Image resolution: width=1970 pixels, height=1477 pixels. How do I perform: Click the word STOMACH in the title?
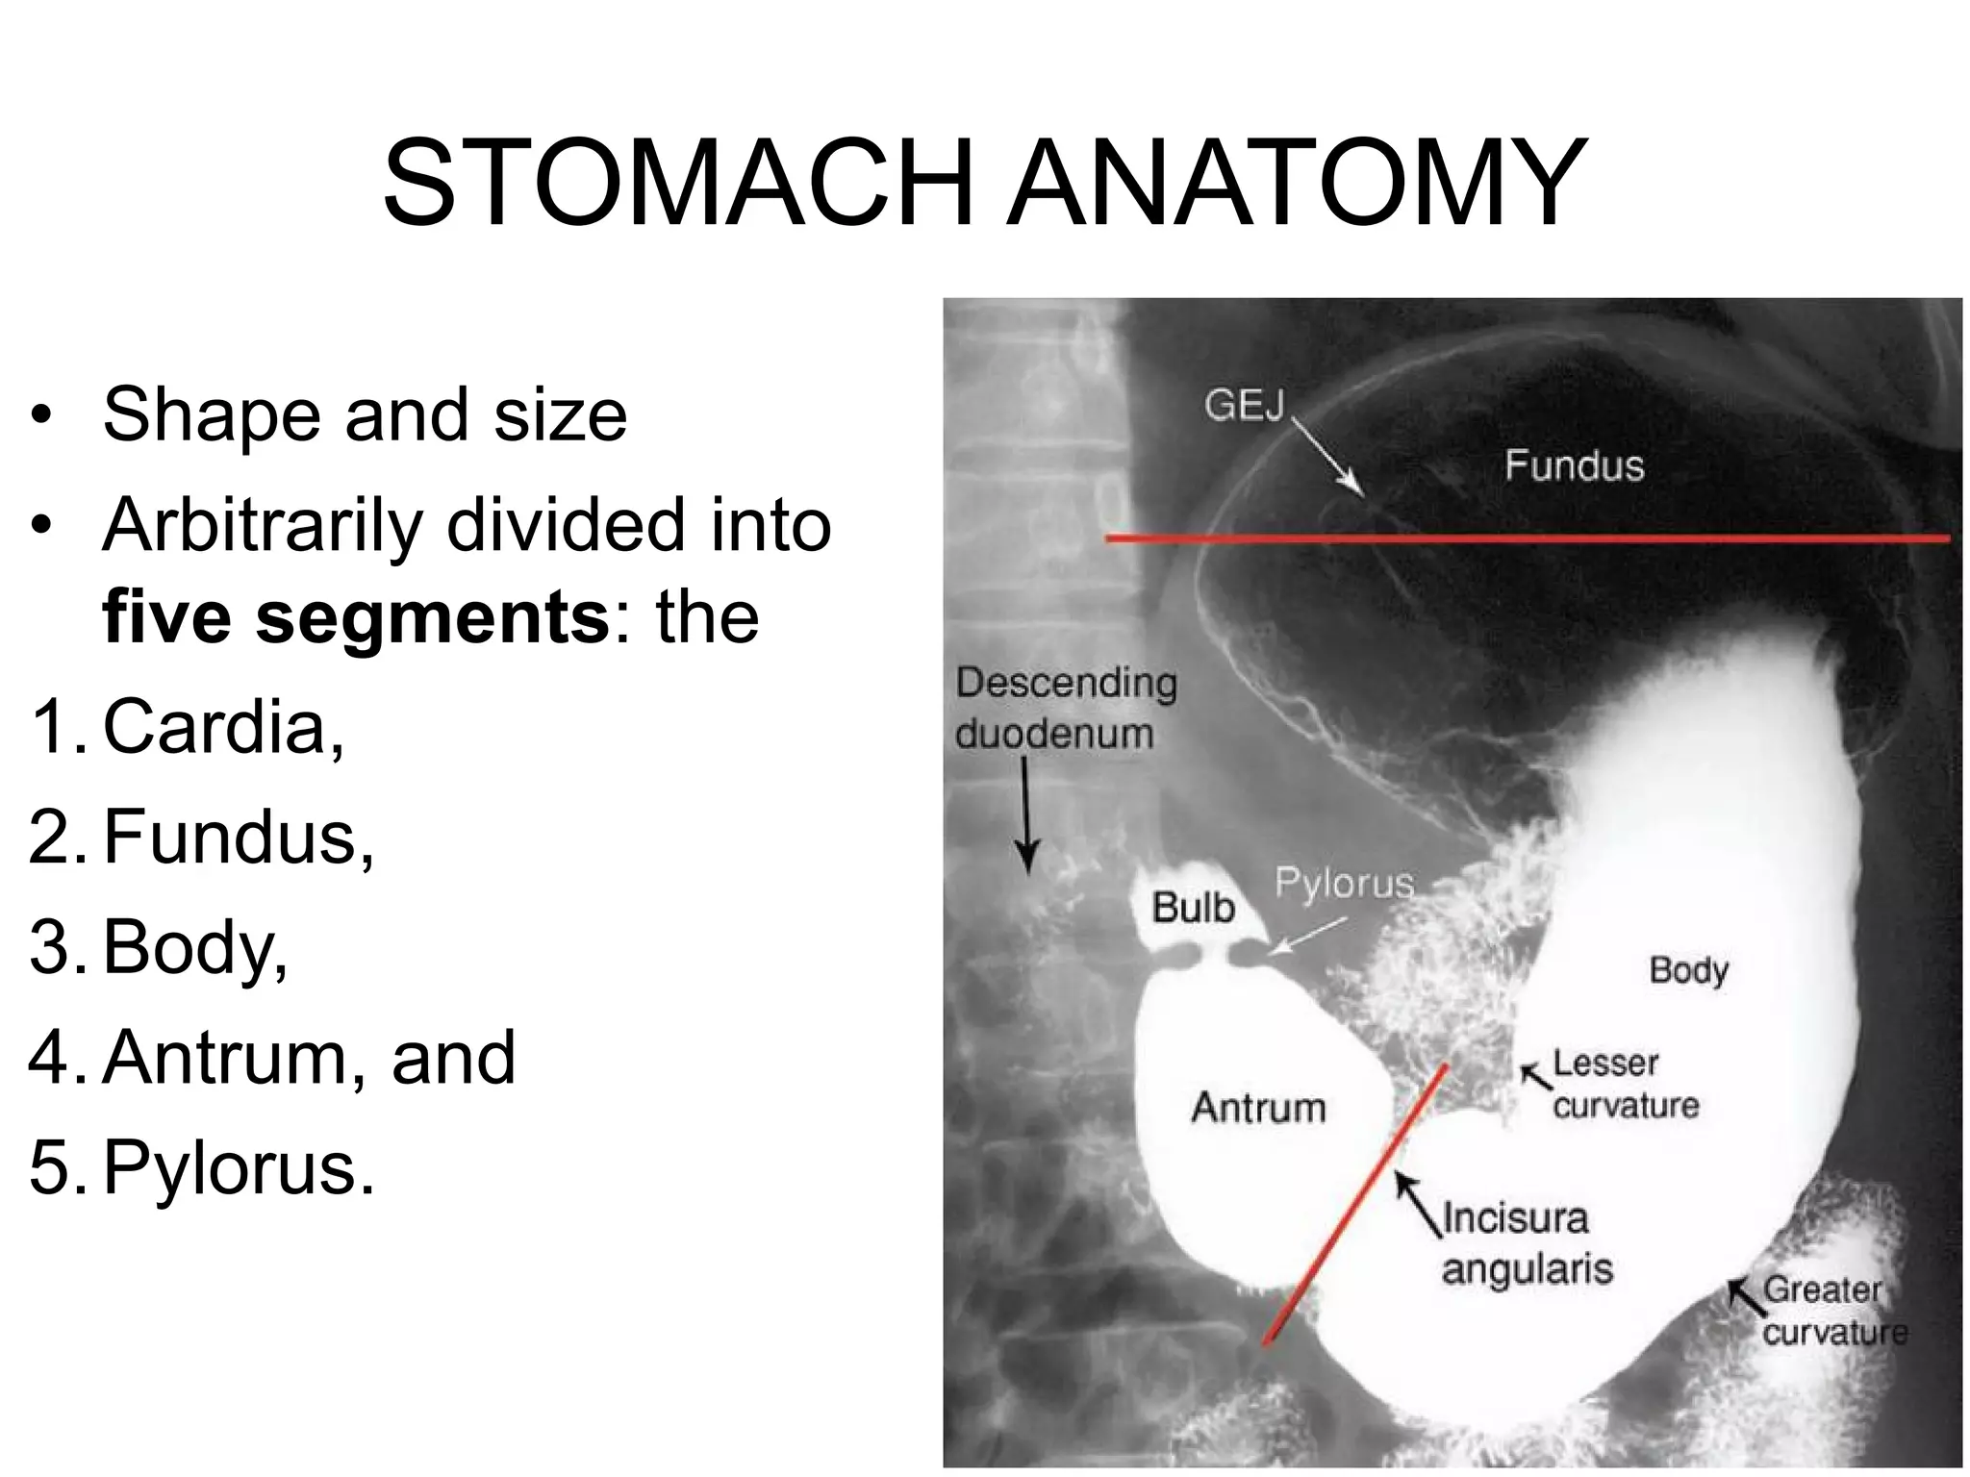coord(677,183)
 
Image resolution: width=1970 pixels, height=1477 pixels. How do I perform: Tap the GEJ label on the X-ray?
coord(1244,406)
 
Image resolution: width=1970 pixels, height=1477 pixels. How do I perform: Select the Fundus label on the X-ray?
coord(1574,466)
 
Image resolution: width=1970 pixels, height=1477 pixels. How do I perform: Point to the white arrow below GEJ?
coord(1328,459)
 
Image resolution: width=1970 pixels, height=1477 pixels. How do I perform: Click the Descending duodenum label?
coord(1066,708)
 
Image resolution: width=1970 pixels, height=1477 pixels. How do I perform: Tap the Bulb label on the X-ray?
coord(1193,908)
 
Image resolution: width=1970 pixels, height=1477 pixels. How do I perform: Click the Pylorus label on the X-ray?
coord(1344,883)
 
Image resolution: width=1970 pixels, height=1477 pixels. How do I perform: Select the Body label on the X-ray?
coord(1688,970)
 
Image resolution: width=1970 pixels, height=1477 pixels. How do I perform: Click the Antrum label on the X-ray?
coord(1258,1108)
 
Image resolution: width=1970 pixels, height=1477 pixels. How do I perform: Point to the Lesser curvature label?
coord(1625,1085)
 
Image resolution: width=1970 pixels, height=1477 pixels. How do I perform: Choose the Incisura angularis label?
coord(1526,1243)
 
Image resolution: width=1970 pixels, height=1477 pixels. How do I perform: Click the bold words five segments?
coord(356,617)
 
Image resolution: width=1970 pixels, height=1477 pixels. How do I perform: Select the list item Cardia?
coord(221,727)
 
